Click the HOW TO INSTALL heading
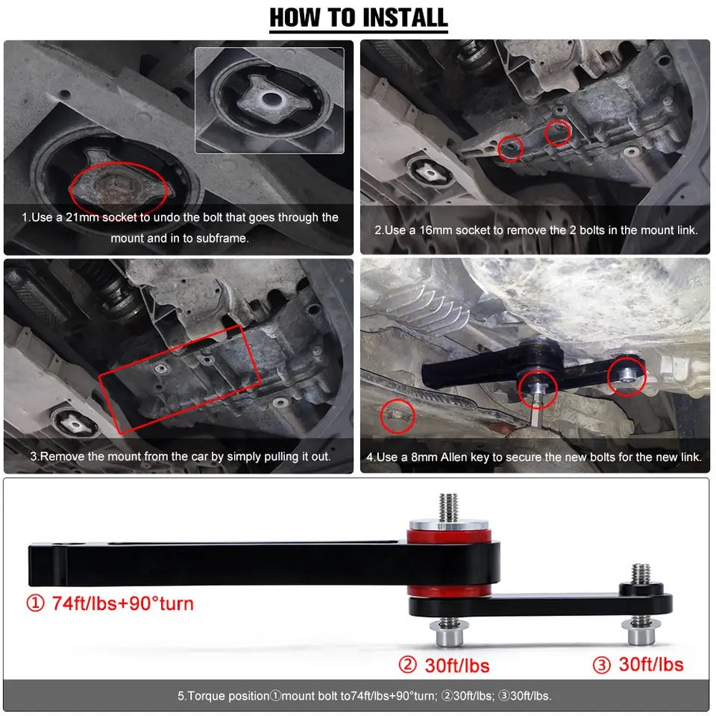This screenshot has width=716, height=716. [x=358, y=16]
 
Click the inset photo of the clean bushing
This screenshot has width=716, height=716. [x=269, y=100]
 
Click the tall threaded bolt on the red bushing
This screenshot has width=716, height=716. [x=448, y=507]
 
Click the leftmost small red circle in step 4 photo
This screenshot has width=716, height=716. [x=398, y=416]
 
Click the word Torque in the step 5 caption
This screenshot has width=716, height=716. [x=204, y=696]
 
